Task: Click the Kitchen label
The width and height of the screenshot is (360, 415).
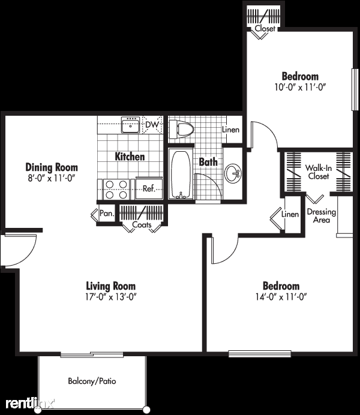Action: coord(130,157)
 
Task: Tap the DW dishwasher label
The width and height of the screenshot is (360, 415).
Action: coord(152,125)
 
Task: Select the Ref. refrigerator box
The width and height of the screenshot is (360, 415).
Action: coord(149,188)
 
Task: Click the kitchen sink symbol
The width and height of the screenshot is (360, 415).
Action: coord(130,125)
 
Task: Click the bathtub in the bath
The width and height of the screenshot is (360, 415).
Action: coord(179,175)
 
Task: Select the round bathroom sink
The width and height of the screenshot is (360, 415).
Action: coord(233,174)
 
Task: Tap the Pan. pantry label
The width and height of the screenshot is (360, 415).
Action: coord(107,212)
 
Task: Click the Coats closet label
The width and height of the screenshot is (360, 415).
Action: coord(142,226)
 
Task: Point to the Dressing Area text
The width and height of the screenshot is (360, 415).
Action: coord(321,216)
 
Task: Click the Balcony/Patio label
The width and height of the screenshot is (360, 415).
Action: coord(92,381)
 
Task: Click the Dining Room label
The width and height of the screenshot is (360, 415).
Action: coord(51,167)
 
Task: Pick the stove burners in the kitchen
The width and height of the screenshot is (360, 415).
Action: coord(115,188)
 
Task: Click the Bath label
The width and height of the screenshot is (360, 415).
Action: coord(208,161)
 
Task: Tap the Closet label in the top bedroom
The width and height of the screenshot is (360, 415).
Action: coord(265,28)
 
